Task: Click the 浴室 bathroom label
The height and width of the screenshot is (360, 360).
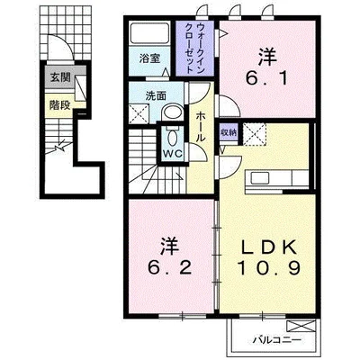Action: point(148,58)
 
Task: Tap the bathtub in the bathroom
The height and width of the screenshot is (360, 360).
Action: point(148,32)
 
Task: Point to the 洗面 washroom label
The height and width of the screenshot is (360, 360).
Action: point(156,96)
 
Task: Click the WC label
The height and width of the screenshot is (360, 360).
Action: point(172,154)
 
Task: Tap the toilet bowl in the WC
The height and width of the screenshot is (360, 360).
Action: point(172,138)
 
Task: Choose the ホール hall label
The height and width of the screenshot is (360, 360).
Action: point(201,127)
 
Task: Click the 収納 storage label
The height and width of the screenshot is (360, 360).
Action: point(229,132)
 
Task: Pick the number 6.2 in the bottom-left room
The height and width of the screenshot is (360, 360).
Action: point(169,268)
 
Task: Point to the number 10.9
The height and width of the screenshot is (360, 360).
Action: point(268,268)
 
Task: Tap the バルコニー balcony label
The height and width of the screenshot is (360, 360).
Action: point(276,340)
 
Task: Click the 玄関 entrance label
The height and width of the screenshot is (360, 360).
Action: point(60,77)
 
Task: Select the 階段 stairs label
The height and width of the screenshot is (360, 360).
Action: point(60,104)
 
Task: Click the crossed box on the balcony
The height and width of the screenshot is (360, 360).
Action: point(301,326)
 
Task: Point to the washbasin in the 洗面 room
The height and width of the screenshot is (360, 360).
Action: point(172,112)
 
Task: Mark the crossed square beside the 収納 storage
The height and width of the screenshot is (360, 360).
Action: point(254,134)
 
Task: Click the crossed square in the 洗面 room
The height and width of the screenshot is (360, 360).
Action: point(139,113)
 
